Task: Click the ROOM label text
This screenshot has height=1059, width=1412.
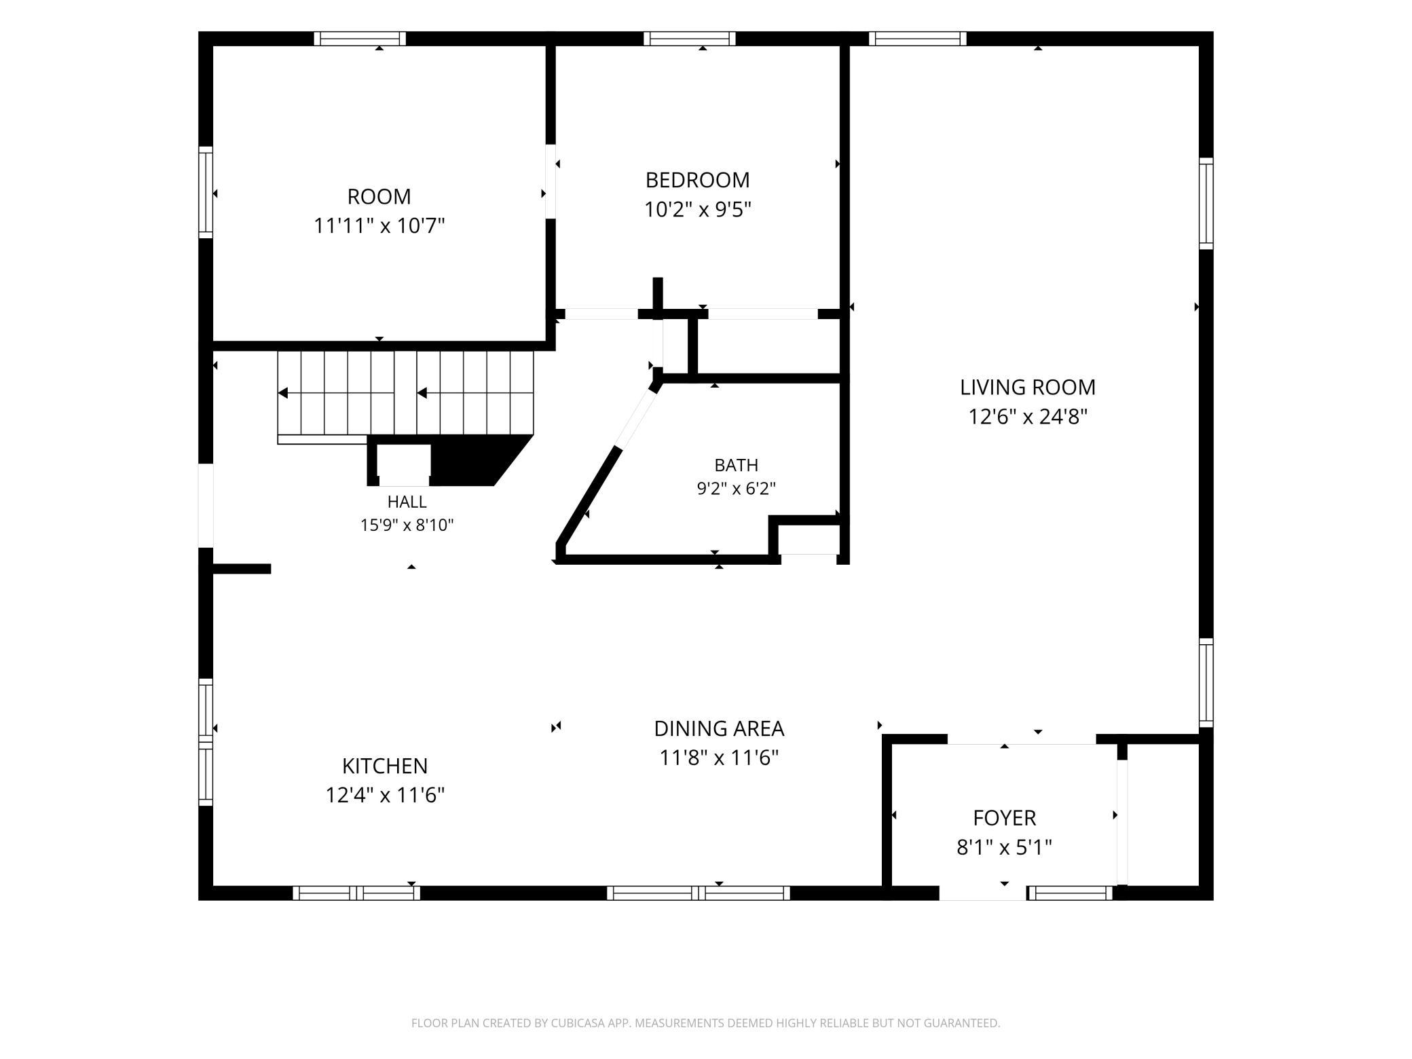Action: (379, 197)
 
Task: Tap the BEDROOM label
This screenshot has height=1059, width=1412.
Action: (697, 181)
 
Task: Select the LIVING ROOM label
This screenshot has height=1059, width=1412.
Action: (1028, 388)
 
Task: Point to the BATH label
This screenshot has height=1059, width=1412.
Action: (736, 465)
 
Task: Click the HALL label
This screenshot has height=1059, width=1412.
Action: (407, 502)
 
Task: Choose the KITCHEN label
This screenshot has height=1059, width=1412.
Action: (385, 766)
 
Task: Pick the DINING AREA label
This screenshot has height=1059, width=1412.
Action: (719, 728)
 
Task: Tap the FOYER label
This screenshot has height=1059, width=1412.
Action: (1004, 818)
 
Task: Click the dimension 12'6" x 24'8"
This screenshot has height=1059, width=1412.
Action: (1028, 416)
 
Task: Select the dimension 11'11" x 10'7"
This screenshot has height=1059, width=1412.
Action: (379, 225)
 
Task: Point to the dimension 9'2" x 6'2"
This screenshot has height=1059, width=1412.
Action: (736, 488)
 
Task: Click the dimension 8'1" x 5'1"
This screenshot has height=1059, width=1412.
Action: (1004, 847)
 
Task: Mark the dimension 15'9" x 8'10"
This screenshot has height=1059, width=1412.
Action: (407, 525)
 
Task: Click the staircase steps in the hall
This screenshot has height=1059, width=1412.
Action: (405, 393)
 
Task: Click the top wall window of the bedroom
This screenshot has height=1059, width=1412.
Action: (689, 39)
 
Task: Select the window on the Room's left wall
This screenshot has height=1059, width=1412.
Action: (206, 192)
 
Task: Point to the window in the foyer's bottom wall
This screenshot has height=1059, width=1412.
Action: (1070, 893)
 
